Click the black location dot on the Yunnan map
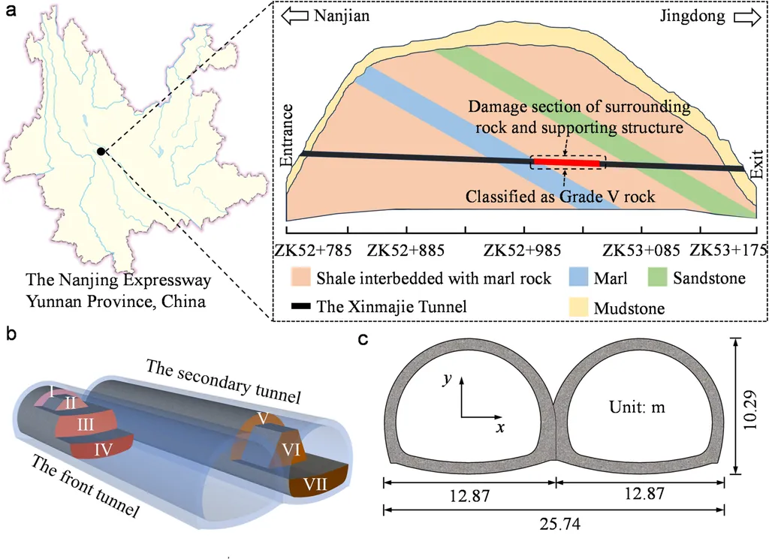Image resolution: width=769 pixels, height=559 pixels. click(x=101, y=152)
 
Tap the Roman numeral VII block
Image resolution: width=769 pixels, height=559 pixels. click(x=319, y=483)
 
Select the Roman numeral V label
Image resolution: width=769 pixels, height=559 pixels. click(x=262, y=416)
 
